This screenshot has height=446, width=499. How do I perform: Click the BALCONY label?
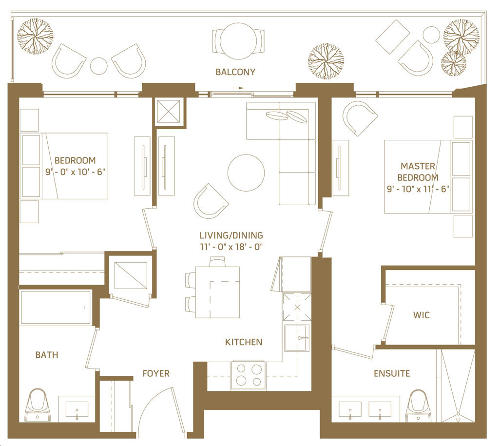tap(235, 72)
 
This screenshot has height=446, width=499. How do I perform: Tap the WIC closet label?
tap(422, 315)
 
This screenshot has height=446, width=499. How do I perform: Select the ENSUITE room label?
tap(392, 373)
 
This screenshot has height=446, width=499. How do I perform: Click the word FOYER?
tap(156, 373)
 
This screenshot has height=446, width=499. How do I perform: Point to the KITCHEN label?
tap(244, 342)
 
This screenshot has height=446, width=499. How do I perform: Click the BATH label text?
tap(47, 355)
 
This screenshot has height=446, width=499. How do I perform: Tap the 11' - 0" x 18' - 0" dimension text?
tap(231, 247)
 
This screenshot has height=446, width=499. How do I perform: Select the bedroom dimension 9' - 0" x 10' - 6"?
tap(75, 172)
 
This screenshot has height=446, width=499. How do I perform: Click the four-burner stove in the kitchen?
tap(249, 375)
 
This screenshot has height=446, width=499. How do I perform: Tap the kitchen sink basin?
tap(297, 338)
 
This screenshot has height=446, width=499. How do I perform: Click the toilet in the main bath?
tap(38, 405)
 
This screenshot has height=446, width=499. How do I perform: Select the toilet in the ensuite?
tap(418, 406)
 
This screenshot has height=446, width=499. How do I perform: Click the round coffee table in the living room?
tap(246, 173)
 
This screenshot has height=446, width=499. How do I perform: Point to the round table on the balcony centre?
tap(238, 41)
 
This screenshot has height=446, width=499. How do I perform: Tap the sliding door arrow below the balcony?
tap(237, 88)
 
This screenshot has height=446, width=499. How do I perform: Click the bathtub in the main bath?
tap(56, 308)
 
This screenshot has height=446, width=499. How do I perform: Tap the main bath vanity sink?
tap(77, 409)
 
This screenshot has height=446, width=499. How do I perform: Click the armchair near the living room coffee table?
tap(211, 201)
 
